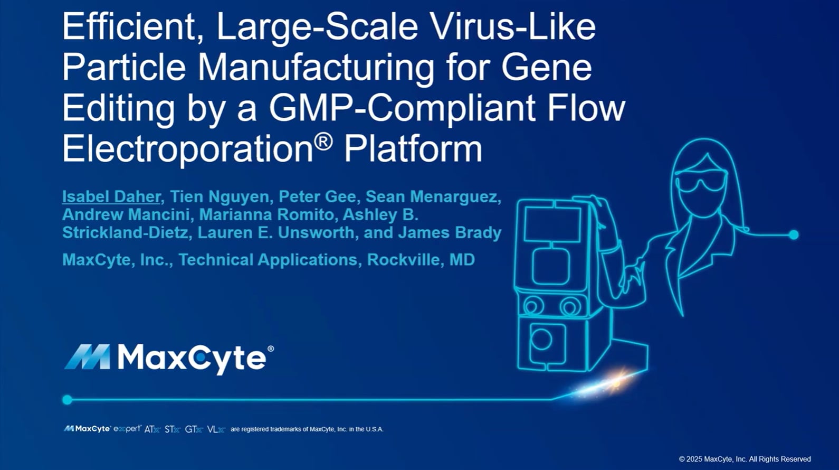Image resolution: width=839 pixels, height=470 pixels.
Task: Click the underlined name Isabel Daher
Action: tap(111, 197)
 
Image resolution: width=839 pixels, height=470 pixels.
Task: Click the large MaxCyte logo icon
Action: tap(87, 357)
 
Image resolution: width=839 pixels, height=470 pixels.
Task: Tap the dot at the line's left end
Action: tap(67, 400)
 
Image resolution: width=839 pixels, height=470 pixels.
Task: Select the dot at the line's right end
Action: tap(794, 234)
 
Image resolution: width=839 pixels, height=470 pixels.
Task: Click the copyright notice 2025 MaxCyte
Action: tap(745, 459)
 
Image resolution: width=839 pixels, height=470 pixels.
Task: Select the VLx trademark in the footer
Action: tap(216, 429)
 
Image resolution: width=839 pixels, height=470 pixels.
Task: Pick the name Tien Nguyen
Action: tap(219, 197)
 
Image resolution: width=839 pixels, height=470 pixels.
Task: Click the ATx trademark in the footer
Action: tap(152, 429)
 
